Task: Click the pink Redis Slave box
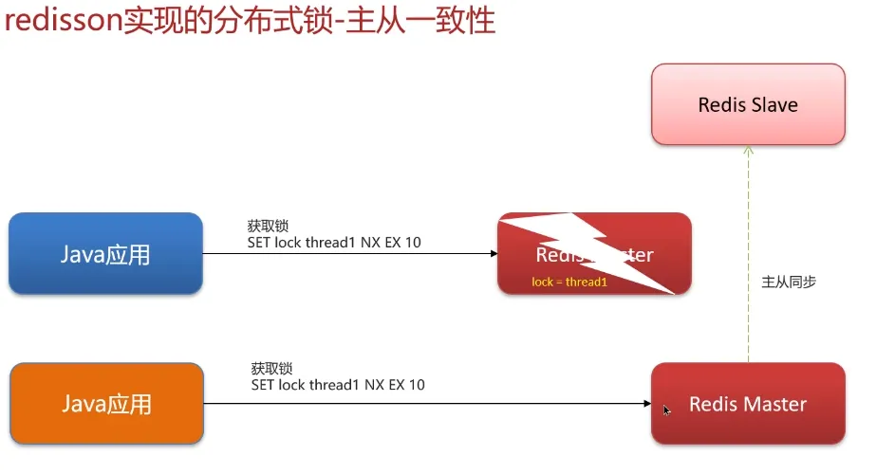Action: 748,104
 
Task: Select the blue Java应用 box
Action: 105,253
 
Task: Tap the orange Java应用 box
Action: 105,404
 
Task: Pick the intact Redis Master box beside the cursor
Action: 748,404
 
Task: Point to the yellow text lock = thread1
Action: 569,283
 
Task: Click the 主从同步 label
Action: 789,282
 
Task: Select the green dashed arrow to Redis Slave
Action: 748,256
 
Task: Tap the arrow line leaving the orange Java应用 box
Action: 427,404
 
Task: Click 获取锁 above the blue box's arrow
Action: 267,226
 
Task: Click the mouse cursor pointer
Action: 666,410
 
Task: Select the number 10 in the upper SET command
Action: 412,243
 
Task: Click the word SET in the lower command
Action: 262,385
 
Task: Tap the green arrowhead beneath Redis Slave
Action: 748,150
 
